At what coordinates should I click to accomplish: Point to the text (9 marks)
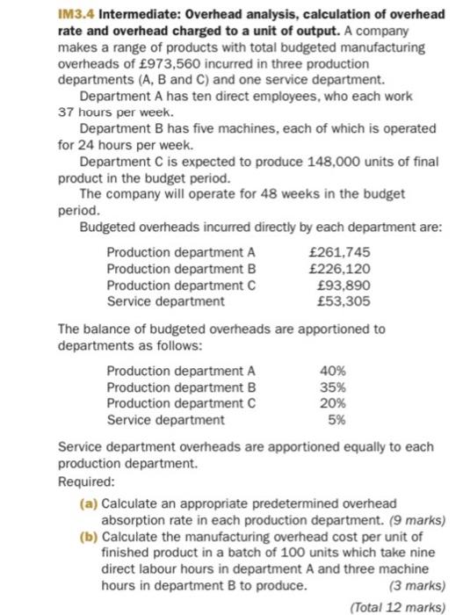(414, 518)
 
